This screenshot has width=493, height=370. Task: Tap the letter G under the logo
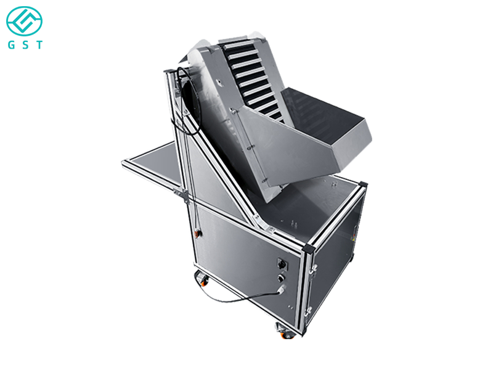coord(10,46)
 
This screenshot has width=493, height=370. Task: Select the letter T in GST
coord(39,46)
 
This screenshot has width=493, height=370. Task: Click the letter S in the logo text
coord(25,46)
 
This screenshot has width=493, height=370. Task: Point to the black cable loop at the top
coord(183,86)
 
